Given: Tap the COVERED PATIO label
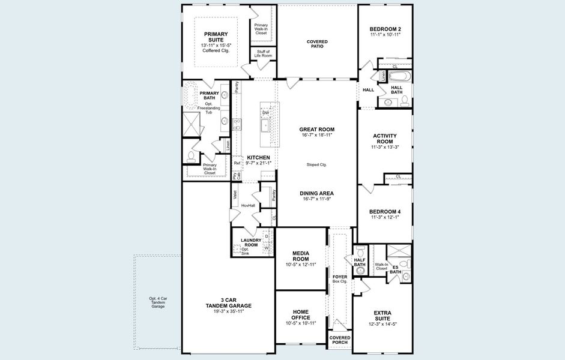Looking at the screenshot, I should [x=317, y=44].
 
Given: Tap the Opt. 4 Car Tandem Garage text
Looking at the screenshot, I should [x=158, y=302].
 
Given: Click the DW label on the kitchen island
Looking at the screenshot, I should [x=265, y=112].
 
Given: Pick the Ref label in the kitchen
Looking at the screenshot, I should [x=237, y=163].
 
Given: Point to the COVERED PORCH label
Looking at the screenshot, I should [x=339, y=340].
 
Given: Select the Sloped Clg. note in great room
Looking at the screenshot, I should [x=316, y=164].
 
